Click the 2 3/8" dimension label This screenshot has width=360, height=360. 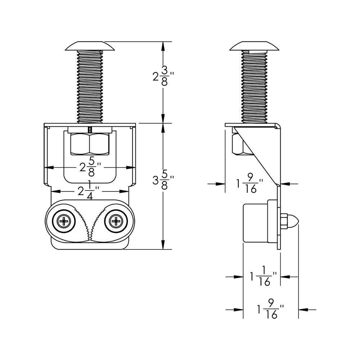pos(163,76)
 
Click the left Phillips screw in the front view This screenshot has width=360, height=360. pos(64,221)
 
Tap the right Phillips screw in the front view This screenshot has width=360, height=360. pos(116,221)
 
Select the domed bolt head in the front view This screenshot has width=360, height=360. pos(90,46)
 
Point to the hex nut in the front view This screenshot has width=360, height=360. pos(90,144)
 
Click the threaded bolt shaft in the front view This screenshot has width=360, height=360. pos(90,86)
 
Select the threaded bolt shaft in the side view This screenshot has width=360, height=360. pos(255,86)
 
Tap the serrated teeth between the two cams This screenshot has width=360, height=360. pos(90,223)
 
